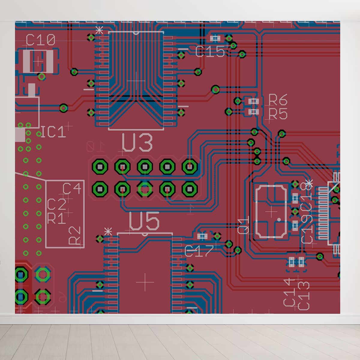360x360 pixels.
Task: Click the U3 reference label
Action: tap(137, 143)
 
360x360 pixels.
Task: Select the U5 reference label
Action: tap(144, 222)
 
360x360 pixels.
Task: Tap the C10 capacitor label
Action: tap(40, 40)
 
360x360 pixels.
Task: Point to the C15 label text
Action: tap(210, 52)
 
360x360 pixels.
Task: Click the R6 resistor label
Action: tap(278, 100)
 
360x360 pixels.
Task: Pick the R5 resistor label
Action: tap(278, 114)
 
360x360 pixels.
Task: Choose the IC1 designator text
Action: tap(53, 132)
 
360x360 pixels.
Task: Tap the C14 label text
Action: tap(289, 292)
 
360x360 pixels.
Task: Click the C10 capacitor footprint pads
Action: tap(38, 61)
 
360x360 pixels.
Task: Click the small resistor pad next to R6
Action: tap(253, 101)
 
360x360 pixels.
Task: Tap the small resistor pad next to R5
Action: tap(254, 112)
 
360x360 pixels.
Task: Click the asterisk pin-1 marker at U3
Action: tap(99, 30)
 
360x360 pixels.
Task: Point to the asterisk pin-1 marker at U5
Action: tap(108, 232)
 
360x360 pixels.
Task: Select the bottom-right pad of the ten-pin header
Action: tap(190, 189)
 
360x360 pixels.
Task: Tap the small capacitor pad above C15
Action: tap(215, 38)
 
